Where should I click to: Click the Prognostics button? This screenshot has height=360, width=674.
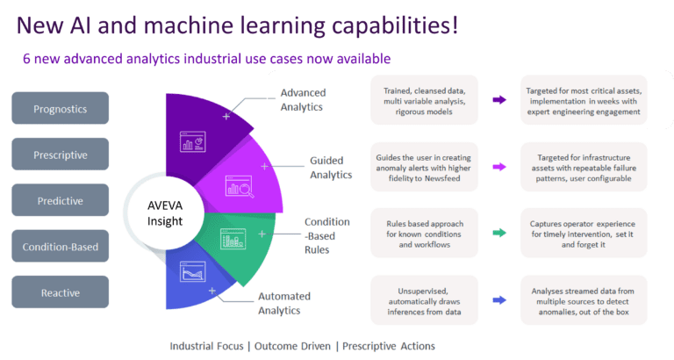[60, 108]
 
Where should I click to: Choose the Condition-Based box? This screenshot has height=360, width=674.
[60, 246]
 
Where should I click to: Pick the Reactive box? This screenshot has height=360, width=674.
[60, 292]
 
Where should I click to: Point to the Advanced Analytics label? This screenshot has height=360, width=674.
[302, 100]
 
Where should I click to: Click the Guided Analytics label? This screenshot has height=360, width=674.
[331, 168]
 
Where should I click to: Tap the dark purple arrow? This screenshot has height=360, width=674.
[499, 101]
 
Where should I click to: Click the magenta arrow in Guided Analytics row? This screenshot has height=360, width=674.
[499, 166]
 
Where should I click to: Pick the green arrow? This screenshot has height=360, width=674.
[499, 233]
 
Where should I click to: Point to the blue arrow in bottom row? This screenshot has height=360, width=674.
[499, 300]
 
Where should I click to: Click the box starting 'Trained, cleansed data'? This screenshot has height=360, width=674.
[424, 101]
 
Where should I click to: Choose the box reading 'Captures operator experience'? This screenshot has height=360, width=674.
[584, 233]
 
